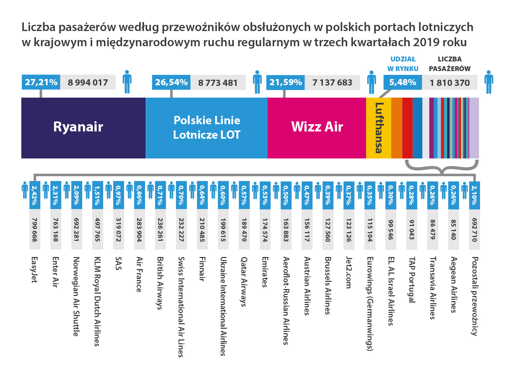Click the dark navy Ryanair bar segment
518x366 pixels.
click(83, 128)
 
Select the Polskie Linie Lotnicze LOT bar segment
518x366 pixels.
click(207, 128)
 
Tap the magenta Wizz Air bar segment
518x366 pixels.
click(317, 128)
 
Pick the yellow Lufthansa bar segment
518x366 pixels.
click(378, 128)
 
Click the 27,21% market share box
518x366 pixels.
click(41, 82)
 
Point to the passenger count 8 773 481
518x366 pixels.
click(218, 83)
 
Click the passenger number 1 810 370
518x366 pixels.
click(450, 83)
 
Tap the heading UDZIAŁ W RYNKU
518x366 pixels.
click(403, 64)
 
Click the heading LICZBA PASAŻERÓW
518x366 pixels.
click(450, 64)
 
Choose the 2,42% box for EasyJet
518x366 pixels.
click(35, 195)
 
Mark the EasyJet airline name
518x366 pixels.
click(35, 270)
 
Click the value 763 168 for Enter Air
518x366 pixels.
click(56, 230)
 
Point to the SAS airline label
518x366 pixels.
click(118, 264)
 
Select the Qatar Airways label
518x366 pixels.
click(244, 281)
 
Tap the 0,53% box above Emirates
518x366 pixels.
click(265, 195)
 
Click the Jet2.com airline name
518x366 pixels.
click(349, 273)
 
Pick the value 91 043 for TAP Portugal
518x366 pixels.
click(412, 230)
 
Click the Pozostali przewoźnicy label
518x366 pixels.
click(475, 296)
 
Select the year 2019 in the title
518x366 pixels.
click(428, 42)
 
